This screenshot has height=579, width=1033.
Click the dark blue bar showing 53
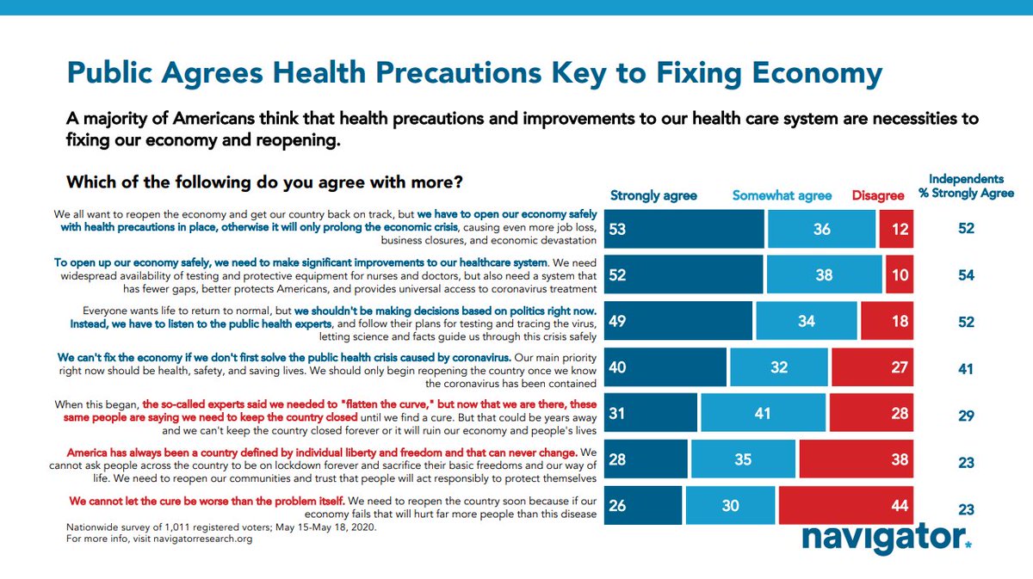(x=684, y=229)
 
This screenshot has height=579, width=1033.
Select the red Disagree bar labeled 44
(x=844, y=505)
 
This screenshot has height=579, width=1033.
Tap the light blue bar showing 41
(x=764, y=412)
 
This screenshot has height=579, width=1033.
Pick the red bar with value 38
(x=856, y=459)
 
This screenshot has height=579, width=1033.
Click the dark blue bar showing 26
(x=643, y=505)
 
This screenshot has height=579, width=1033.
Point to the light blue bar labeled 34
(x=806, y=321)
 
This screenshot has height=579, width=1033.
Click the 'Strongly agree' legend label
(x=653, y=195)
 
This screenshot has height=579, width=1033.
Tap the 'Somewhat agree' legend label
(x=782, y=195)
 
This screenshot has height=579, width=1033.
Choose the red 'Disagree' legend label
(x=878, y=195)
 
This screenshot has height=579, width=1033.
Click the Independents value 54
(x=966, y=275)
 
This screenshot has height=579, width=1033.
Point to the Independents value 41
(x=966, y=368)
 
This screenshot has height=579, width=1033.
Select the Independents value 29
(x=966, y=416)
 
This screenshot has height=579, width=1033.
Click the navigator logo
(x=887, y=538)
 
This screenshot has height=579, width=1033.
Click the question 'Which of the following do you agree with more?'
(x=265, y=182)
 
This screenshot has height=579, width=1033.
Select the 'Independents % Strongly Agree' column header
(x=966, y=186)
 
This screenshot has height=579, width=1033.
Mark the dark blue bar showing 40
(x=665, y=367)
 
